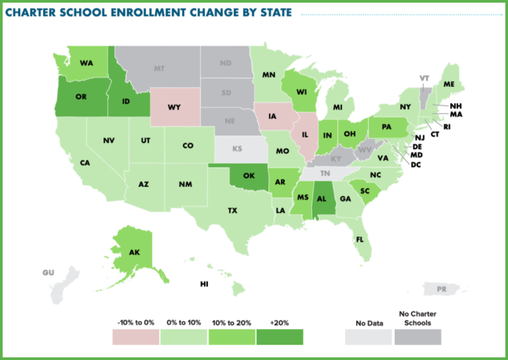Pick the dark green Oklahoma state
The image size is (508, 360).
click(249, 177)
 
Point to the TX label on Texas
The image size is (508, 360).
click(232, 211)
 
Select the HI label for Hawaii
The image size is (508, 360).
click(204, 284)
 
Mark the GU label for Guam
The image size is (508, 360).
click(49, 273)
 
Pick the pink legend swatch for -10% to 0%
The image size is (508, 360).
click(136, 337)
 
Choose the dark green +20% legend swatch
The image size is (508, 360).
click(280, 337)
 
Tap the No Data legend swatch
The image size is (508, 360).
click(368, 337)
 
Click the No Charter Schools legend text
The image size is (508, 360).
click(417, 318)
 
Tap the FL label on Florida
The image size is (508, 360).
click(360, 239)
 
